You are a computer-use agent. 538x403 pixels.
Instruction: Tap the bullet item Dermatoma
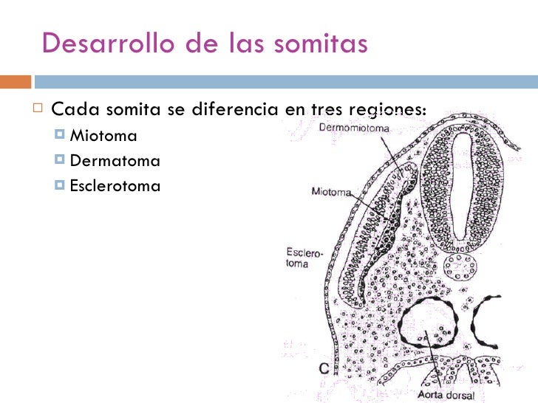click(114, 160)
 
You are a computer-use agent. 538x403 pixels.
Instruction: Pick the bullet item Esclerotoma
click(115, 185)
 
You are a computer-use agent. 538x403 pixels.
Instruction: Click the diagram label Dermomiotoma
click(354, 127)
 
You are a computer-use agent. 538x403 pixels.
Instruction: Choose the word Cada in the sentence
click(76, 111)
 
